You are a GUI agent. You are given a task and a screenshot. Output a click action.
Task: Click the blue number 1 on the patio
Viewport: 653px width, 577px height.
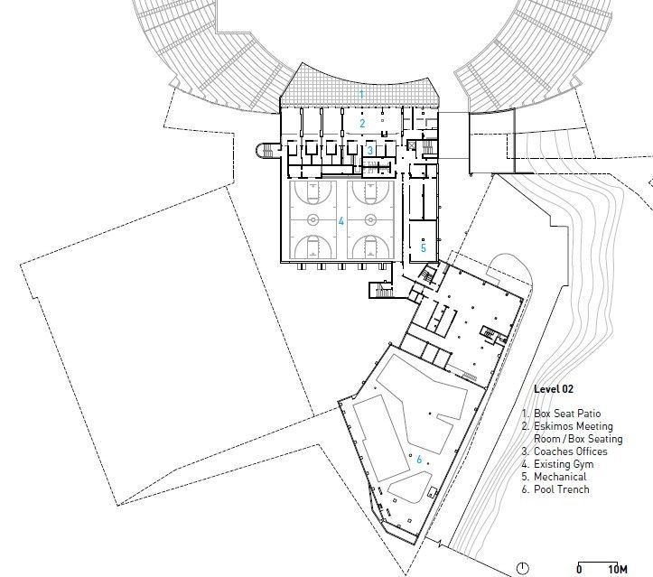click(x=361, y=95)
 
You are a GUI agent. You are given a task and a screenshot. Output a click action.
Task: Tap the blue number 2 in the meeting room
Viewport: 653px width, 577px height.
click(x=362, y=123)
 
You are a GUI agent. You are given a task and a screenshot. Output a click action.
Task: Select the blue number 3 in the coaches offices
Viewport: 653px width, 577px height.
click(x=369, y=150)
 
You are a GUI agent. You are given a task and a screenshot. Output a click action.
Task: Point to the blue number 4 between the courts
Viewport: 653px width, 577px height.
click(x=341, y=221)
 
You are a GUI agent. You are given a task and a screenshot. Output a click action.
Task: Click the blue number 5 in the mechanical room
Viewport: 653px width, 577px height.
click(x=423, y=248)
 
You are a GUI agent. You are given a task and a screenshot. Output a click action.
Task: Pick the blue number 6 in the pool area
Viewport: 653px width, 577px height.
click(x=419, y=460)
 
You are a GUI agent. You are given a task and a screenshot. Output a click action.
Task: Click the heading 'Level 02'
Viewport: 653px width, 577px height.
click(x=554, y=389)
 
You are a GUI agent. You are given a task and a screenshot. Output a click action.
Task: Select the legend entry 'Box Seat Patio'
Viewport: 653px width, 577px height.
click(x=567, y=414)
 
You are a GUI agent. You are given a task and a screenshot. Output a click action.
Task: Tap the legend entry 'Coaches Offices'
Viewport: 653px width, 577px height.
click(x=571, y=451)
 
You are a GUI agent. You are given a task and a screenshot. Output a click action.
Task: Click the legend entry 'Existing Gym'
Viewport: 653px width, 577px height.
click(x=564, y=464)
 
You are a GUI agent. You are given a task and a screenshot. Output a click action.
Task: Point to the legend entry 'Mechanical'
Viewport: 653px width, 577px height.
click(x=560, y=477)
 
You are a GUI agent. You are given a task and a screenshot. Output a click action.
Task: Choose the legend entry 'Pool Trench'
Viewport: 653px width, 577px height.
click(x=562, y=489)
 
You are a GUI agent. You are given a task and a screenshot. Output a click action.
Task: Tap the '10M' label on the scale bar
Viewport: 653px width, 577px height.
click(x=618, y=569)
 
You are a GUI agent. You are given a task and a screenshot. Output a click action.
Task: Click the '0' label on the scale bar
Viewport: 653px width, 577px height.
click(x=579, y=569)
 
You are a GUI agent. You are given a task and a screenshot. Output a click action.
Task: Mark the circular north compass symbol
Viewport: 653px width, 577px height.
click(x=523, y=568)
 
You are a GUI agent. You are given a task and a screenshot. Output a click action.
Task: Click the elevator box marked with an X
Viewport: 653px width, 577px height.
click(x=412, y=144)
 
